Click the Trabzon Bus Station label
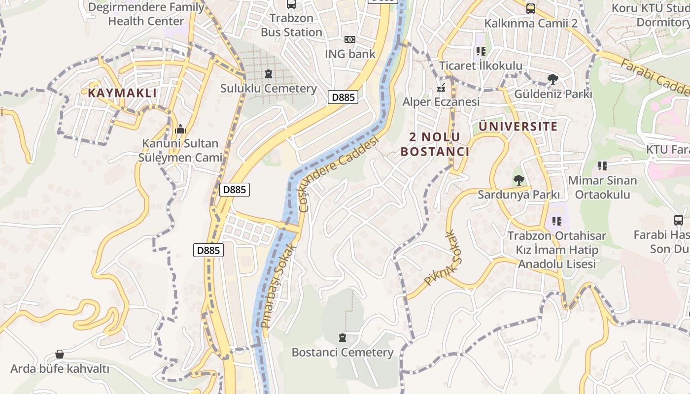click(291, 25)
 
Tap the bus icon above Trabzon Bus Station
click(291, 4)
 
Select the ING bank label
click(350, 54)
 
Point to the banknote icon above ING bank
click(350, 39)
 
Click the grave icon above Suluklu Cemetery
click(269, 74)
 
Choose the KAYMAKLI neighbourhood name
click(122, 93)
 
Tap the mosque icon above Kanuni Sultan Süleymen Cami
click(180, 130)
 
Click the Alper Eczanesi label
click(441, 102)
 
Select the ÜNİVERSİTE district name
click(518, 127)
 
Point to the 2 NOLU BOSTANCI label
click(435, 144)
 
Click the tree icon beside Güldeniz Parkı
click(553, 79)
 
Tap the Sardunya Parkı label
click(518, 195)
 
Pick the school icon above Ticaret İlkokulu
click(481, 51)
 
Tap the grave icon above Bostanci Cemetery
click(343, 338)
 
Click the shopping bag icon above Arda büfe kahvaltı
click(60, 354)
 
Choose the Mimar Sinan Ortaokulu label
click(602, 187)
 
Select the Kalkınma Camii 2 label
click(531, 23)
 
